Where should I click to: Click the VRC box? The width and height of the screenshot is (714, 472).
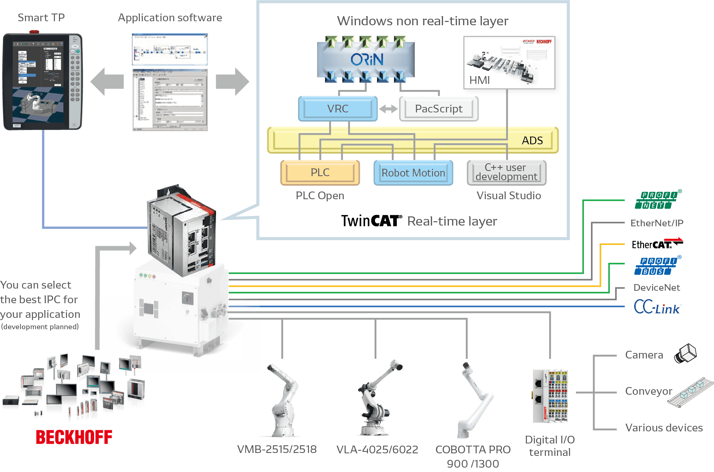tap(338, 109)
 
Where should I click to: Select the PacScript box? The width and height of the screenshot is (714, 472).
tap(439, 109)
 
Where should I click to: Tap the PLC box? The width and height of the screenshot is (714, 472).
tap(320, 172)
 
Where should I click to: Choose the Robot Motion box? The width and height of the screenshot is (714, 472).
tap(413, 173)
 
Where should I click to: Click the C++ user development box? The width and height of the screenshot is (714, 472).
tap(506, 172)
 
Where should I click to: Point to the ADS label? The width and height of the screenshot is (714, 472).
tap(532, 141)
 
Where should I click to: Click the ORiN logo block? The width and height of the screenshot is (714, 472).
tap(366, 59)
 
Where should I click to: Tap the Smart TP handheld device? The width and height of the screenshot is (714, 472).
tap(43, 82)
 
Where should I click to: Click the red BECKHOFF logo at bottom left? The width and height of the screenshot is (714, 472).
tap(74, 437)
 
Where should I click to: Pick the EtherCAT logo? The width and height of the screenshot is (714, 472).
tap(657, 244)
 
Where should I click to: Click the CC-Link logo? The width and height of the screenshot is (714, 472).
tap(657, 307)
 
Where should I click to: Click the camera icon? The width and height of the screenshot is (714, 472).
tap(685, 354)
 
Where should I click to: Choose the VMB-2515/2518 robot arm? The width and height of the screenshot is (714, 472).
tap(282, 401)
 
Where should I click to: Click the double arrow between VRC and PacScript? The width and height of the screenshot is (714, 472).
tap(388, 109)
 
